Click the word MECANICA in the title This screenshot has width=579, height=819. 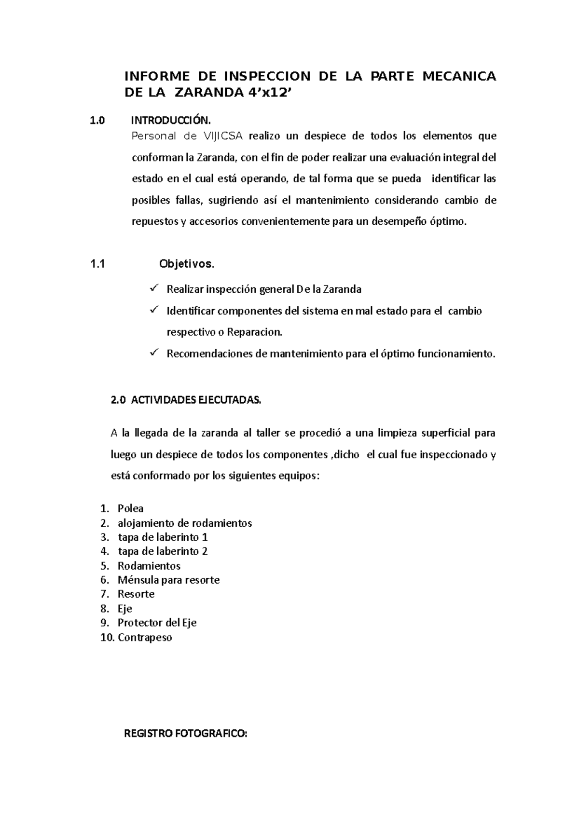(x=458, y=77)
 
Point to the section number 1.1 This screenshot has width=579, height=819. (x=97, y=264)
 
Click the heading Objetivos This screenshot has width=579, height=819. (x=187, y=264)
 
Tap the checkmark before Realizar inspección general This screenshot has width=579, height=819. (x=154, y=288)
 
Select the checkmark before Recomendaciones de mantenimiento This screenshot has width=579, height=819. (x=154, y=353)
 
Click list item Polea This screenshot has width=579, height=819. (x=130, y=508)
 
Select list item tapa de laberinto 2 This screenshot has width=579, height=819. (x=163, y=551)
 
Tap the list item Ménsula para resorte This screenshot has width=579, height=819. (x=168, y=580)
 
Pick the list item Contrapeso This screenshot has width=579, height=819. (x=145, y=637)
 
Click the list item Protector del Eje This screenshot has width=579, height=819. (x=157, y=623)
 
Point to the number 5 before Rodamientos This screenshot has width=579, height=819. (x=103, y=566)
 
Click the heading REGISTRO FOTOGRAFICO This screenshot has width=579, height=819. (x=185, y=734)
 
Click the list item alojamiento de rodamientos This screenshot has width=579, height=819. (x=185, y=523)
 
